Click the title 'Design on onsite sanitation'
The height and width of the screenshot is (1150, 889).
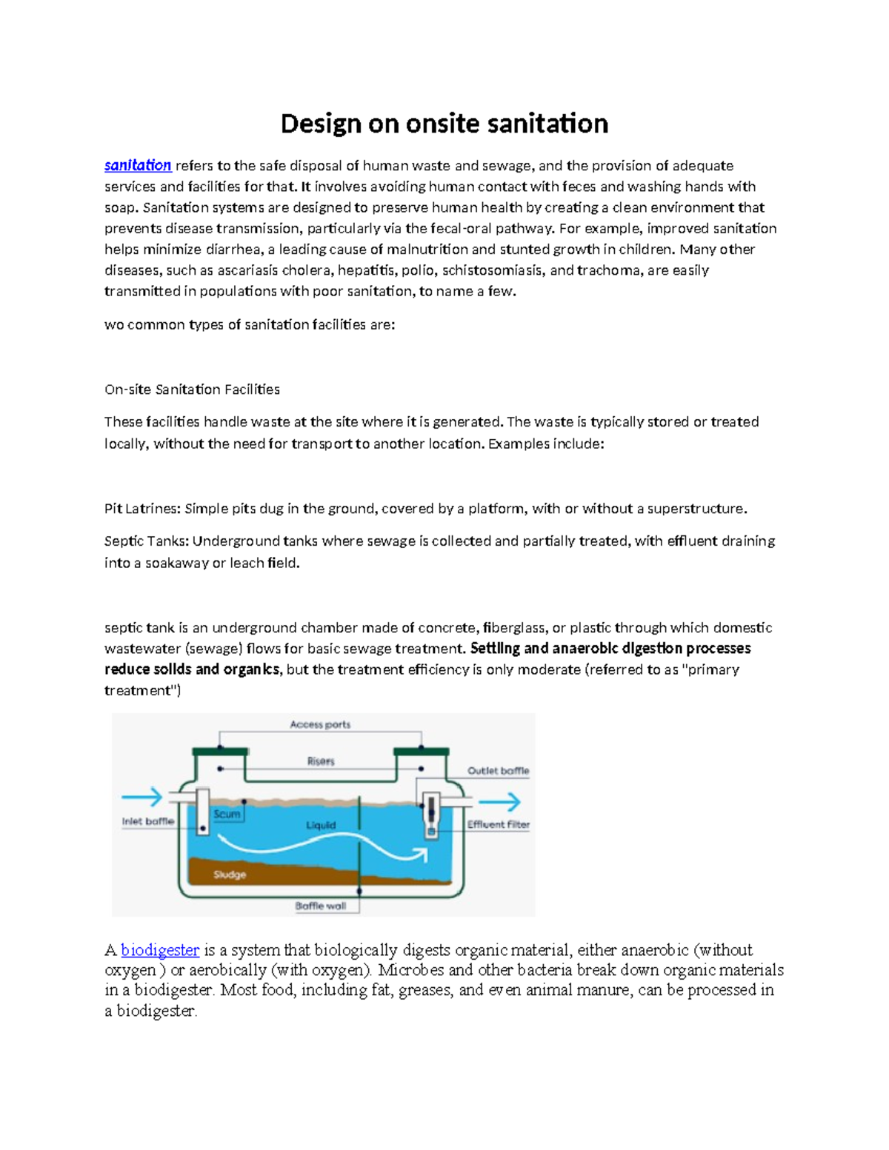coord(444,124)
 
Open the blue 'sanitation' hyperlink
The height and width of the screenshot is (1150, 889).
coord(138,165)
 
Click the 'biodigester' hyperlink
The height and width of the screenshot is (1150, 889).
coord(160,950)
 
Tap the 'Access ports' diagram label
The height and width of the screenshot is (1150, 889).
coord(320,724)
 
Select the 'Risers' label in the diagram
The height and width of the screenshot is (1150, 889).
coord(321,761)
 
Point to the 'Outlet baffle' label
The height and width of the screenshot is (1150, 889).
coord(498,771)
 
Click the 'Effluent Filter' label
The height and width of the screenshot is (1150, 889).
coord(498,824)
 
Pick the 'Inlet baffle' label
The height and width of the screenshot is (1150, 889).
coord(148,821)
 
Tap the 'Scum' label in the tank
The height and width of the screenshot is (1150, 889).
coord(227,814)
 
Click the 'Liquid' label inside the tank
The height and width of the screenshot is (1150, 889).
coord(321,825)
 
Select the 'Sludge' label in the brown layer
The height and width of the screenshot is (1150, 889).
coord(230,875)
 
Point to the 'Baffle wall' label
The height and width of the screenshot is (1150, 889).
coord(320,906)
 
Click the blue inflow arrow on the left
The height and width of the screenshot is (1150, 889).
coord(141,797)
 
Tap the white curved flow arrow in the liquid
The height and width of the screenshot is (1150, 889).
coord(319,848)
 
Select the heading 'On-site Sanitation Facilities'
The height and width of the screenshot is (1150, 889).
coord(192,390)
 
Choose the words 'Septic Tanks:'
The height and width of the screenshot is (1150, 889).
coord(146,541)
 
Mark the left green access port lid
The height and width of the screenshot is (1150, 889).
coord(220,752)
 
